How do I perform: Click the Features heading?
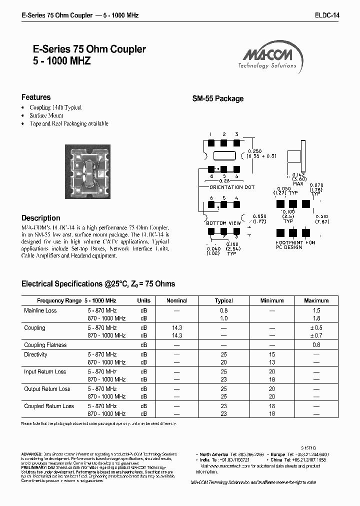[36, 97]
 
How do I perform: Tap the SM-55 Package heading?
[218, 99]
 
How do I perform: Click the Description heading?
[41, 218]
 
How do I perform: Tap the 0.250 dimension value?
[254, 151]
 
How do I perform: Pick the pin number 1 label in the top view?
[211, 134]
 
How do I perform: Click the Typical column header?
[223, 300]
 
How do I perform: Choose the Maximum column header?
[316, 300]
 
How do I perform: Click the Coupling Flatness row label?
[45, 345]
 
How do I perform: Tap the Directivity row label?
[35, 354]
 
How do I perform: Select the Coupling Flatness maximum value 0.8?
[316, 345]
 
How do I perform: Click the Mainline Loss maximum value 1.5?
[316, 310]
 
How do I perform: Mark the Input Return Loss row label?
[45, 372]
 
